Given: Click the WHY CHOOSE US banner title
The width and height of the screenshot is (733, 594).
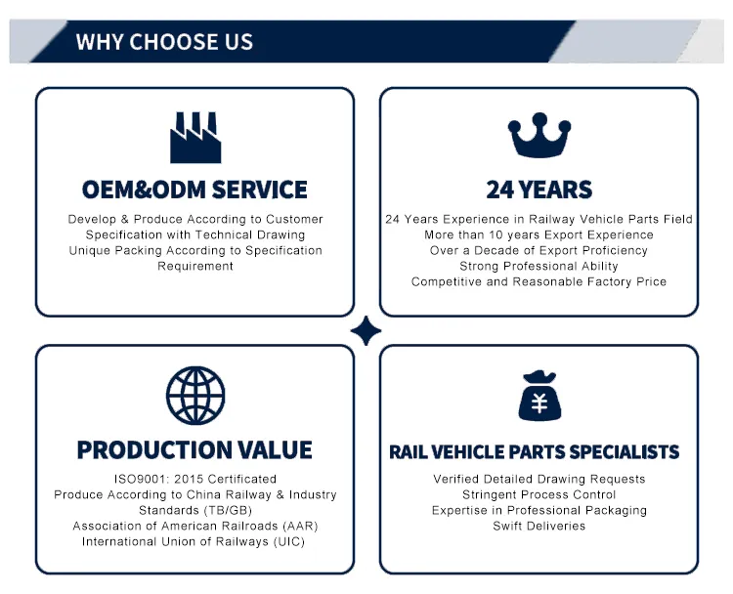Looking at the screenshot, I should (x=164, y=42).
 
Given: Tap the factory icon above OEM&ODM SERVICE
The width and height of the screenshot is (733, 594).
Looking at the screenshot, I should (x=195, y=138).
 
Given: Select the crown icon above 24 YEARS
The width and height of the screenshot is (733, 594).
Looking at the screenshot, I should (x=539, y=137).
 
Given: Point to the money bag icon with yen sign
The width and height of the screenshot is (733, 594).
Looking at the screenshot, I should (x=539, y=397).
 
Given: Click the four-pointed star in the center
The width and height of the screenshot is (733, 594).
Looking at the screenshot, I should (x=366, y=331).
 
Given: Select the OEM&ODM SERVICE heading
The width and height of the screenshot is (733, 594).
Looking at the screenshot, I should (x=194, y=190).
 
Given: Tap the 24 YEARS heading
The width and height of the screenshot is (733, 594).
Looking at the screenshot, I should (x=539, y=190).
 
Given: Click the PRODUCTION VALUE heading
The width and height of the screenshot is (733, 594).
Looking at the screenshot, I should (x=194, y=450).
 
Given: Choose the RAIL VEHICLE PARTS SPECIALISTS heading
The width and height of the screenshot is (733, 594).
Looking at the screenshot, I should (x=534, y=452).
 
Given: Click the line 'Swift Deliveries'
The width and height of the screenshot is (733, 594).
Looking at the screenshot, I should (x=539, y=526).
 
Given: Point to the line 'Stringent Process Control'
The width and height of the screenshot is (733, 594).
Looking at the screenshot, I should (x=539, y=494).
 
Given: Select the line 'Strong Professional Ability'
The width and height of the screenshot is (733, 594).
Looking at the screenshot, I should (x=539, y=266).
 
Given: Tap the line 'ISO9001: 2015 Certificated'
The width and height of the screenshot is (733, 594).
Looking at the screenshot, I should (x=195, y=479).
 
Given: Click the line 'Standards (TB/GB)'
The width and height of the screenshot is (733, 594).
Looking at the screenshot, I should (x=195, y=510).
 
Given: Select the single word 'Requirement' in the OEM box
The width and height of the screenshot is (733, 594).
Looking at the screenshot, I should (x=195, y=266).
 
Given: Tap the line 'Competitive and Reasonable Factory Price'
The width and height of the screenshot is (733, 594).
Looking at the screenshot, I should (x=539, y=281).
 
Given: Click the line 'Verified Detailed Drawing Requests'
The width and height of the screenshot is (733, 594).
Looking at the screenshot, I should (x=539, y=479).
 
